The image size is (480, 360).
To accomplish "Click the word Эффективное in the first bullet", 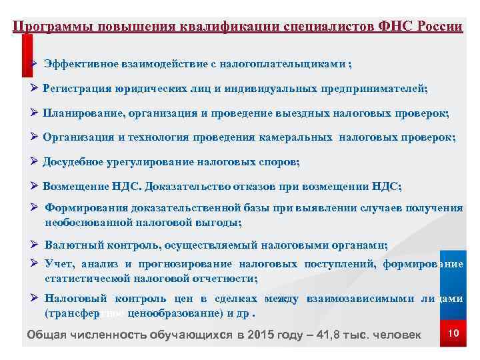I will point(81,63).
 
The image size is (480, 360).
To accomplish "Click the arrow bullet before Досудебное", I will point(35,161).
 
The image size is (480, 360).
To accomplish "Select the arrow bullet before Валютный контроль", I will point(35,245).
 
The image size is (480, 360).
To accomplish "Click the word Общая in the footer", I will point(45,334).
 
